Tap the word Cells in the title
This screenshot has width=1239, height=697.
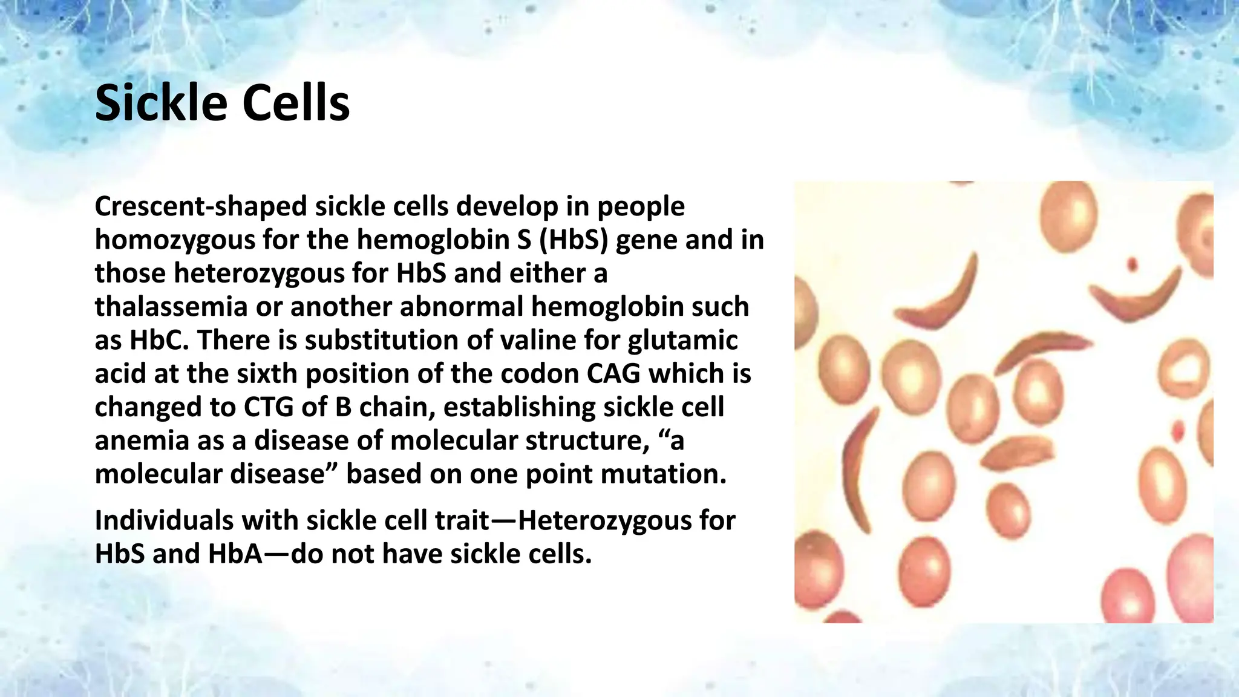[296, 103]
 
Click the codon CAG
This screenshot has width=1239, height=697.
[613, 373]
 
